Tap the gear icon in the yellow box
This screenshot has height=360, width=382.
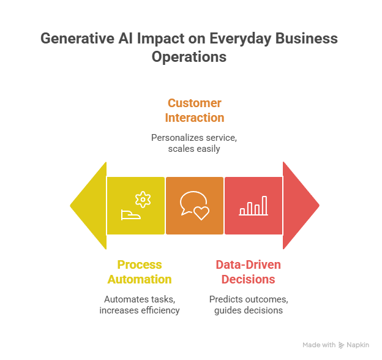tap(143, 198)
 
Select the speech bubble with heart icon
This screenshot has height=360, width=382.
tap(194, 205)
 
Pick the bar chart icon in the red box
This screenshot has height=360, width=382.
tap(253, 206)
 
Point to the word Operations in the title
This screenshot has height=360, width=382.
tap(189, 58)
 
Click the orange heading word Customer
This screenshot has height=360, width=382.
tap(195, 103)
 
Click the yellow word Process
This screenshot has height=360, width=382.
tap(140, 265)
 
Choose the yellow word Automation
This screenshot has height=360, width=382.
tap(140, 279)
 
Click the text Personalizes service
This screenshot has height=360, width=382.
tap(194, 138)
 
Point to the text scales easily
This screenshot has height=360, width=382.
tap(195, 149)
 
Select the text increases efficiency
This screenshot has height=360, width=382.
tap(140, 310)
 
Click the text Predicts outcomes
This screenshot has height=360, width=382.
tap(249, 299)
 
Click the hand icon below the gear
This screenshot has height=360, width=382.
tap(132, 214)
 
